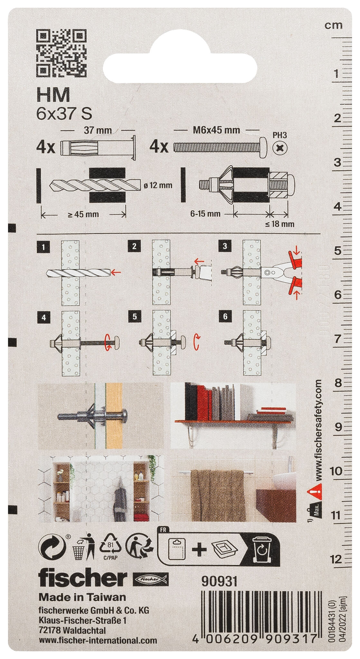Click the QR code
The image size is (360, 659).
click(x=61, y=53)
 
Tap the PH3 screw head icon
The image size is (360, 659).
click(x=279, y=148)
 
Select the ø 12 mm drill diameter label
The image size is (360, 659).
click(x=158, y=185)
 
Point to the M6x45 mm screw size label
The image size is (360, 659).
click(x=216, y=130)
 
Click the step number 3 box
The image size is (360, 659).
click(x=225, y=246)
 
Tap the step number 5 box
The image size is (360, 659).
click(x=134, y=317)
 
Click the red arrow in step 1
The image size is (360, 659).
click(x=116, y=273)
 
